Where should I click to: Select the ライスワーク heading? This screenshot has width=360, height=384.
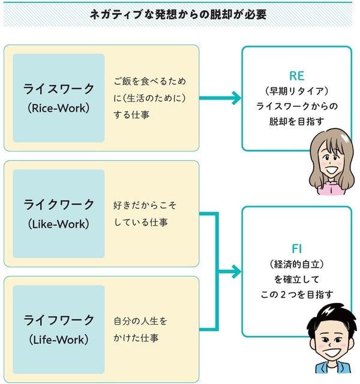(59, 89)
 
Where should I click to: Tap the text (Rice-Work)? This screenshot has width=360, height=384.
(59, 109)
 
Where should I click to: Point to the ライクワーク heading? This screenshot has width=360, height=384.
(59, 204)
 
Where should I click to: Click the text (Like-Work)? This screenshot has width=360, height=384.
(59, 224)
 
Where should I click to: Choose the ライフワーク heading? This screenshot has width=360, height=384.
(59, 319)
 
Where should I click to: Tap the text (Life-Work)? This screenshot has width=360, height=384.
(59, 340)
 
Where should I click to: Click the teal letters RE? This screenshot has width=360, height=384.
(296, 76)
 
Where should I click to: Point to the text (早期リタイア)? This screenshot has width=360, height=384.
(296, 91)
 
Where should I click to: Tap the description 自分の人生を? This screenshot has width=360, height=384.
(140, 321)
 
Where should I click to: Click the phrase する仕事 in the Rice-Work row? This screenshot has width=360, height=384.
(131, 113)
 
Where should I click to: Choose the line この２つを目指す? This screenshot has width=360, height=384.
(296, 294)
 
